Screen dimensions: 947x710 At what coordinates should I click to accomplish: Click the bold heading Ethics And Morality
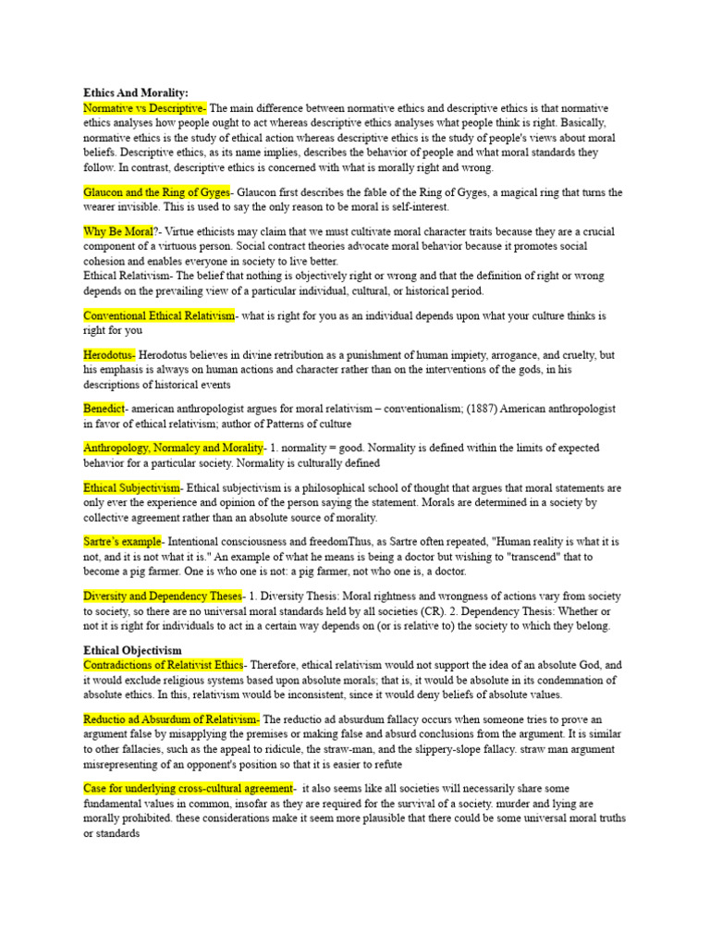(135, 93)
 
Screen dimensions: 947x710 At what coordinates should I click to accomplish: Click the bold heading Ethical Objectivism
(132, 650)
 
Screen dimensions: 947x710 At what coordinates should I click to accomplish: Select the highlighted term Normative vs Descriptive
(145, 108)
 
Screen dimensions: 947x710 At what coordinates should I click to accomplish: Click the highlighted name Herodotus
(109, 355)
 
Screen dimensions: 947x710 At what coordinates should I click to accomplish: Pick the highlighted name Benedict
(104, 408)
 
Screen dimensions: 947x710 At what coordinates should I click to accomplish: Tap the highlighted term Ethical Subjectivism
(132, 487)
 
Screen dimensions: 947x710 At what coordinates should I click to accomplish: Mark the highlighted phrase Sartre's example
(122, 541)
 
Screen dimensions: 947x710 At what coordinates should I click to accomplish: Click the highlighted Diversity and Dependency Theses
(163, 596)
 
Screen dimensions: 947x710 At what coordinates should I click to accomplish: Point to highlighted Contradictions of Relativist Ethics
(164, 665)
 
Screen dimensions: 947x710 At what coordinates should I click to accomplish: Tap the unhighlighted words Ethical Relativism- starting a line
(127, 276)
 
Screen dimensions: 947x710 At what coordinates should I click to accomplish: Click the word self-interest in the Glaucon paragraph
(413, 206)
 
